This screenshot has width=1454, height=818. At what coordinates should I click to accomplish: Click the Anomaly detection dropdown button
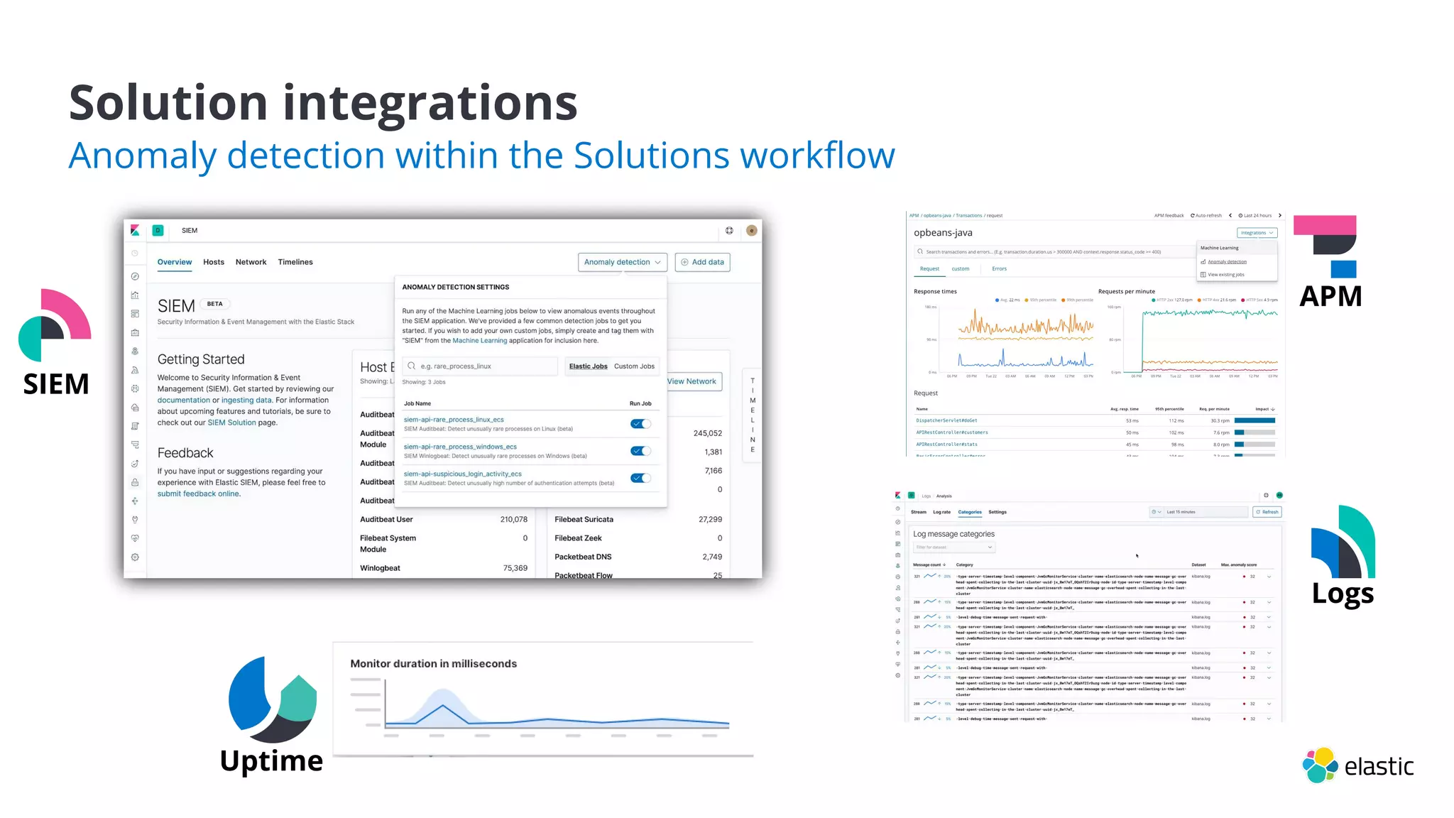[x=622, y=262]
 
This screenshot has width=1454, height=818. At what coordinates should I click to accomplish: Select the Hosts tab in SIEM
[x=214, y=262]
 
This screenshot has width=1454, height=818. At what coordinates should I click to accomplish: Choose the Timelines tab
[x=295, y=262]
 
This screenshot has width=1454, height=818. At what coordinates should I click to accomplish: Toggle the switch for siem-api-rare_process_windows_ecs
[x=640, y=451]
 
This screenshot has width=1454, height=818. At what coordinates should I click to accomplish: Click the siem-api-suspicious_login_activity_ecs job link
[x=462, y=474]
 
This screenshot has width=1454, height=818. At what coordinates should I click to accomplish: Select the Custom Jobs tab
[x=634, y=366]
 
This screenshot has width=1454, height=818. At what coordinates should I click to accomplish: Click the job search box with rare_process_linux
[x=481, y=366]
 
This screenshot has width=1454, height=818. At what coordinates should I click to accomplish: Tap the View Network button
[x=692, y=381]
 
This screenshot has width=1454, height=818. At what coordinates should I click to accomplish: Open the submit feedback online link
[x=199, y=494]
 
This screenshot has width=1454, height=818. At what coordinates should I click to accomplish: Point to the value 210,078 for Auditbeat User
[x=513, y=520]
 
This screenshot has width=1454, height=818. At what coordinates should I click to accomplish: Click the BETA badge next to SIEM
[x=214, y=304]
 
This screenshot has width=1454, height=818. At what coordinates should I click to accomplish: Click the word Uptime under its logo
[x=271, y=761]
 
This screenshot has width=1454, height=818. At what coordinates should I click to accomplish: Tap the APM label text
[x=1330, y=296]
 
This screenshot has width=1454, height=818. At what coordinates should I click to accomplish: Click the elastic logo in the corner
[x=1357, y=766]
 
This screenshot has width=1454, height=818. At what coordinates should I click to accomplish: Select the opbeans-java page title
[x=943, y=233]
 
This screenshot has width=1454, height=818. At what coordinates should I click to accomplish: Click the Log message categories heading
[x=953, y=534]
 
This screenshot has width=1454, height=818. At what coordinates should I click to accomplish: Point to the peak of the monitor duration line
[x=443, y=705]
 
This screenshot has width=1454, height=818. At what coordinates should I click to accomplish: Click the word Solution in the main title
[x=168, y=104]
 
